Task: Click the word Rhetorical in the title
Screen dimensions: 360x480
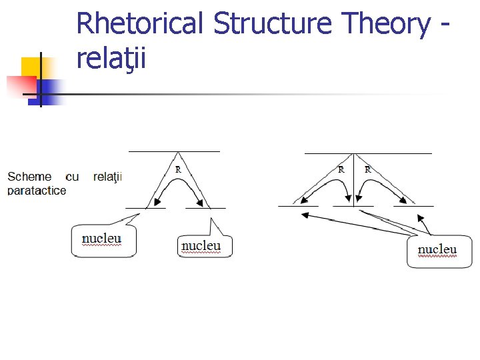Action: click(141, 24)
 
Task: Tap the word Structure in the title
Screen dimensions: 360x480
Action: click(273, 24)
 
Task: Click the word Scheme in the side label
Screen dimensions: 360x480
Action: click(29, 177)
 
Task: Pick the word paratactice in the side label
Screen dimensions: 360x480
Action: click(37, 191)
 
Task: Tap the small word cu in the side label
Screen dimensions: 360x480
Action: click(73, 177)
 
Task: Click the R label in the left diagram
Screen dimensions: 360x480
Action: click(178, 169)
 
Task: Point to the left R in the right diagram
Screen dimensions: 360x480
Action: click(341, 169)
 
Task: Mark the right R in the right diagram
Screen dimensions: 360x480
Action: click(367, 169)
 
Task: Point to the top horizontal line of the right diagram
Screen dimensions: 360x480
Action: click(368, 153)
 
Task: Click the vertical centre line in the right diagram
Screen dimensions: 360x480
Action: click(354, 180)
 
